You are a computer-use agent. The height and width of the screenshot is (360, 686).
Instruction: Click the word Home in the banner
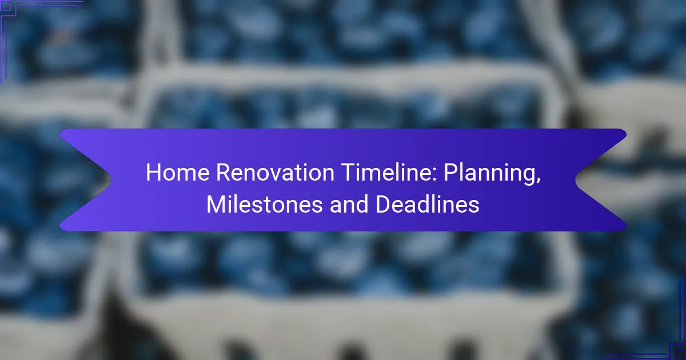pyautogui.click(x=178, y=173)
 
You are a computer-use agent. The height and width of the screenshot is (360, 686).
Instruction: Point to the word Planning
pyautogui.click(x=492, y=174)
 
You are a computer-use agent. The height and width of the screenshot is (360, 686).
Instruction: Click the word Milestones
pyautogui.click(x=265, y=205)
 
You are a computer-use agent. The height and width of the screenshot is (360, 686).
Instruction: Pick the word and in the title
pyautogui.click(x=349, y=205)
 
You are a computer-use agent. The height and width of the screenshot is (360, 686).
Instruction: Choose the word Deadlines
pyautogui.click(x=427, y=205)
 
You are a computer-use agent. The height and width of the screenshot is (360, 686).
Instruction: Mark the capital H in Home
pyautogui.click(x=153, y=173)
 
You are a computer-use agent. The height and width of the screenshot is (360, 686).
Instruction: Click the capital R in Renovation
pyautogui.click(x=224, y=173)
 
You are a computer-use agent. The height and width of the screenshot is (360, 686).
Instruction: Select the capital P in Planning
pyautogui.click(x=450, y=173)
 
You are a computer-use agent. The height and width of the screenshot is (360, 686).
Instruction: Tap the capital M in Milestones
pyautogui.click(x=216, y=205)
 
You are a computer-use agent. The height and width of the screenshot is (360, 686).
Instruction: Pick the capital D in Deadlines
pyautogui.click(x=383, y=205)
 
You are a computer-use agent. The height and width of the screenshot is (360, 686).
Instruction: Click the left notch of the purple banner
pyautogui.click(x=110, y=180)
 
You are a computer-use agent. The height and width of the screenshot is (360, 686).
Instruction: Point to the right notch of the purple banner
pyautogui.click(x=576, y=180)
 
